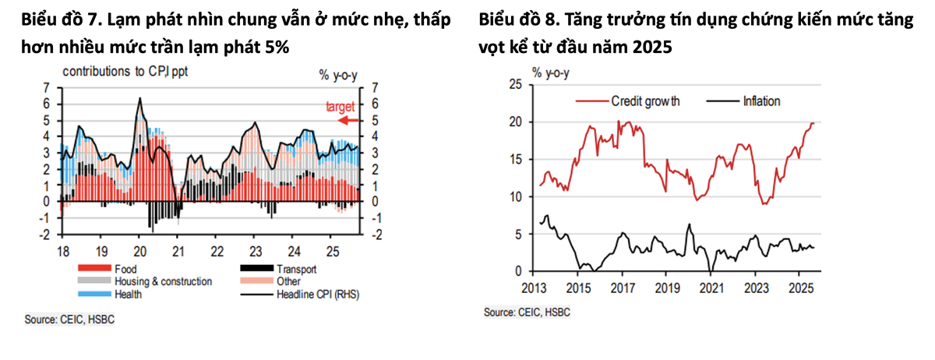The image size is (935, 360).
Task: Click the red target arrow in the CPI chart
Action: click(348, 120)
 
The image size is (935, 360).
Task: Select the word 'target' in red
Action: click(340, 106)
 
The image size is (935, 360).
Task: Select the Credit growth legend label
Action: click(645, 101)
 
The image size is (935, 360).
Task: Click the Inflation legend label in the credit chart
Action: click(761, 101)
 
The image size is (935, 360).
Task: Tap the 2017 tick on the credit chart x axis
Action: click(621, 286)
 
